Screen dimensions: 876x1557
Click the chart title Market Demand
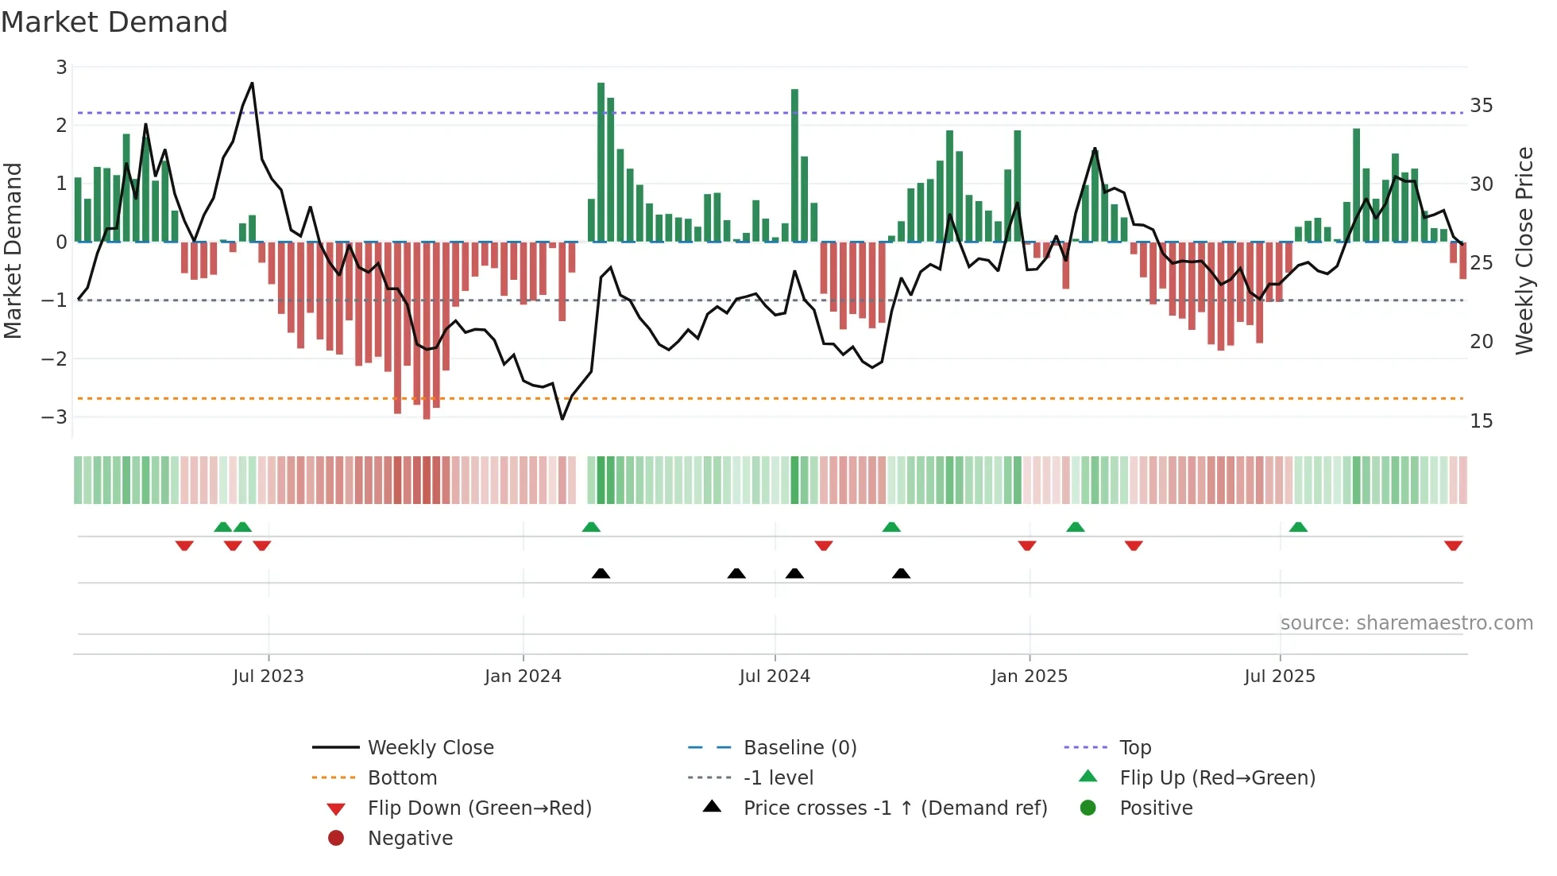[x=114, y=22]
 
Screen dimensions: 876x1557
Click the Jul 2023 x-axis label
[x=269, y=676]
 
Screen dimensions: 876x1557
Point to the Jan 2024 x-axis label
[x=523, y=676]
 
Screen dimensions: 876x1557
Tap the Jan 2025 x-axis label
[x=1030, y=676]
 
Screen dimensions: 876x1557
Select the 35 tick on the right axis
[x=1481, y=106]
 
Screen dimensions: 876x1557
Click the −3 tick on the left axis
[x=54, y=417]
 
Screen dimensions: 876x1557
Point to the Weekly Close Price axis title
[x=1524, y=250]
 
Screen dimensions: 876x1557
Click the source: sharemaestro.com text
[x=1406, y=623]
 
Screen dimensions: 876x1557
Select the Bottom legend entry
[x=402, y=778]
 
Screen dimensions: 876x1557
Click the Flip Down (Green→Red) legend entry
[x=479, y=808]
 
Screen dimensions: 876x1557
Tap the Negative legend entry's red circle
[x=336, y=839]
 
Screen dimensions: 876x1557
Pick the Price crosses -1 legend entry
[x=894, y=808]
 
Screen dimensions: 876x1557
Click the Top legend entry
[x=1134, y=748]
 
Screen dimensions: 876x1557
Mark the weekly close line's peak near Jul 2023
[x=252, y=83]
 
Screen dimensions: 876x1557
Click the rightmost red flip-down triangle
[x=1453, y=546]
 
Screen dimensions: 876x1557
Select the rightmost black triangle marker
[x=901, y=573]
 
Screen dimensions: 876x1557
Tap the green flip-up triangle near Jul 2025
[x=1298, y=527]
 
